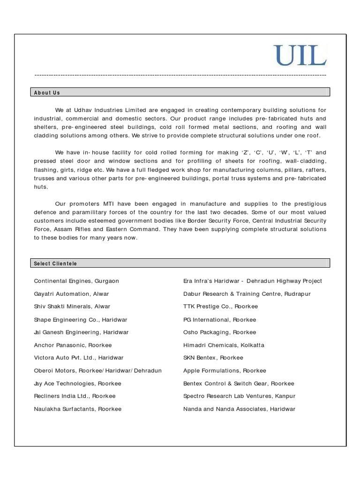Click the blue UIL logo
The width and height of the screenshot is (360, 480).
coord(300,56)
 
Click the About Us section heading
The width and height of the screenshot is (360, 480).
coord(47,93)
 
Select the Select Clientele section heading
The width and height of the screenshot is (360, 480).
coord(55,263)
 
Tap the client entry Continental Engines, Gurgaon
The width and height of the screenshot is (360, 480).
coord(76,281)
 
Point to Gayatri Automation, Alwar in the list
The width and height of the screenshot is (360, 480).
coord(71,294)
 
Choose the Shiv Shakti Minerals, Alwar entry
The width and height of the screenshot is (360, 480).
coord(72,307)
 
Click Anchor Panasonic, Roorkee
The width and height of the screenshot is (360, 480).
coord(73,345)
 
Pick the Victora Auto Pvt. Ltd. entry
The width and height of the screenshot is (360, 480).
coord(79,358)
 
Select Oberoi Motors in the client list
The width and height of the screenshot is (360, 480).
coord(97,370)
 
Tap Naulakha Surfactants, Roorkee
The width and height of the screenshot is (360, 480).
coord(77,409)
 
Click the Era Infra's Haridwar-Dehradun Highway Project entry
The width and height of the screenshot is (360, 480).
coord(253,281)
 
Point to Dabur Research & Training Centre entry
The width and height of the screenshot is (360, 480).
coord(247,294)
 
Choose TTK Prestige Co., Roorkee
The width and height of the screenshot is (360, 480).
coord(220,307)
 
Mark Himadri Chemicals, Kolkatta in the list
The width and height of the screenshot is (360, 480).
coord(224,345)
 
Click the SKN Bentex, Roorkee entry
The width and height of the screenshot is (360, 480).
coord(213,358)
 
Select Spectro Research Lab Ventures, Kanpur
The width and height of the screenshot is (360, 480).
coord(239,396)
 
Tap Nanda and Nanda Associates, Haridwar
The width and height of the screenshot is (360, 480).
coord(239,409)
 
